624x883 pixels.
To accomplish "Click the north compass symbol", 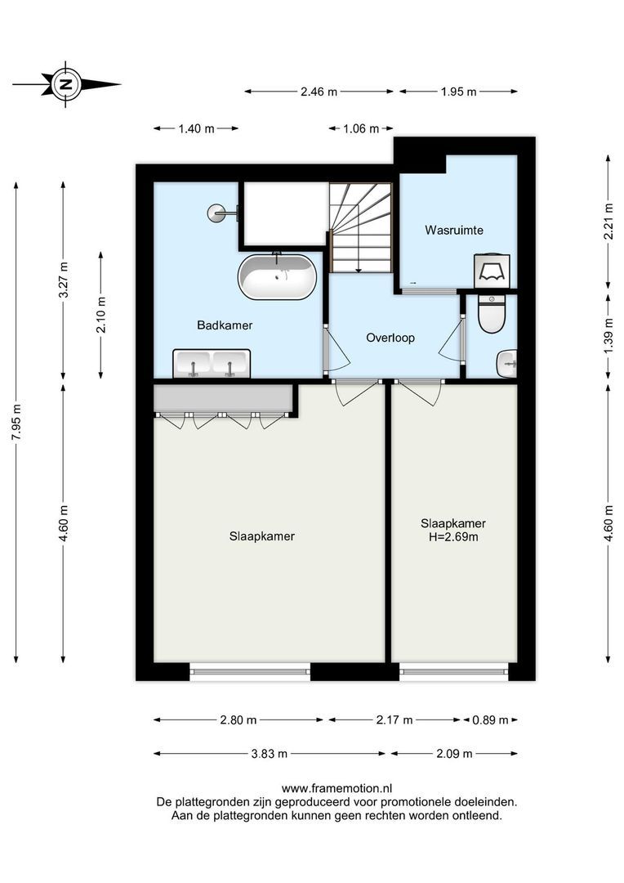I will click(x=65, y=83).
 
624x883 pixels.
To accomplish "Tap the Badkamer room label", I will click(x=225, y=325).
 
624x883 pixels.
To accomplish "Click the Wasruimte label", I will click(x=453, y=231).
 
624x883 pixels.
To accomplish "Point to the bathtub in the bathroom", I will click(x=277, y=277).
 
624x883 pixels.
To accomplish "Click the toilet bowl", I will click(x=492, y=314).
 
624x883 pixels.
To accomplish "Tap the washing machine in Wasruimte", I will click(x=493, y=270).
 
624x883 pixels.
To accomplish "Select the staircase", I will click(x=361, y=226).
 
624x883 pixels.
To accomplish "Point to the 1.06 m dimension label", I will click(x=362, y=128).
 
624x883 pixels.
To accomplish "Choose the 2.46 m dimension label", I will click(x=319, y=92).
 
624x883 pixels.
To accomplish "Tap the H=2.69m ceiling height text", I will click(x=453, y=537).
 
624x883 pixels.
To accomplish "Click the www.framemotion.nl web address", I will click(x=336, y=789).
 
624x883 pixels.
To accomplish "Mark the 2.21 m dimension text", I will click(x=608, y=222).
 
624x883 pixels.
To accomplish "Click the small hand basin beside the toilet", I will click(x=507, y=360).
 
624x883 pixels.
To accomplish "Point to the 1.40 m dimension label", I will click(x=196, y=128).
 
